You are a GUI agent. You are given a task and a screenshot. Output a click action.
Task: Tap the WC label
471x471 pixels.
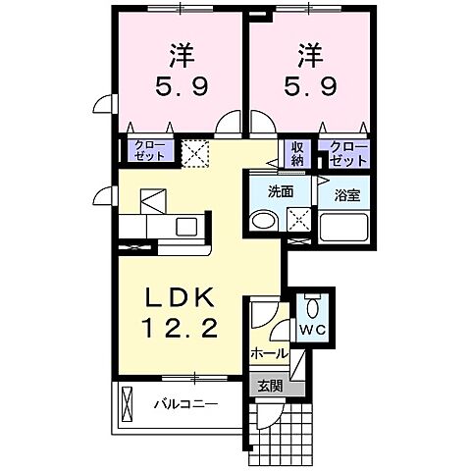[x=312, y=329]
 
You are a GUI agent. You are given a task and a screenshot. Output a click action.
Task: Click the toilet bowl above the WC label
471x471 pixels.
[x=313, y=303]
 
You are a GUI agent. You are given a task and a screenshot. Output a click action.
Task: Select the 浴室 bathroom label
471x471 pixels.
[x=346, y=192]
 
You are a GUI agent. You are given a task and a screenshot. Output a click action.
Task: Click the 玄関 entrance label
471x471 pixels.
[x=270, y=386]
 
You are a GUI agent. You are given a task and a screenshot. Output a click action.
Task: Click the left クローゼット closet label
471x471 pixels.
[x=147, y=151]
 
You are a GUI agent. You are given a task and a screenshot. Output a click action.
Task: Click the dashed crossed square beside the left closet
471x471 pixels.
[x=195, y=152]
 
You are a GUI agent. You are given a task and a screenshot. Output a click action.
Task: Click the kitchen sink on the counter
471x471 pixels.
[x=185, y=226]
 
